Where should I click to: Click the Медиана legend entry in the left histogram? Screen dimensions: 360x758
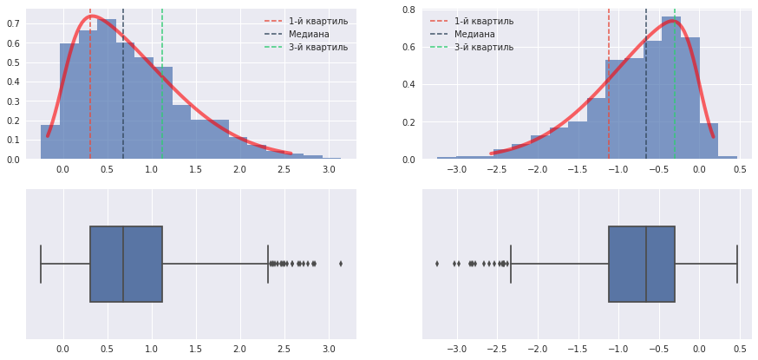tap(305, 34)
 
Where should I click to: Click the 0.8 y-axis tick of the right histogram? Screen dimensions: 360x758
tap(408, 10)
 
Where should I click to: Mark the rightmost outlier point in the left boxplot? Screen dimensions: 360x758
tap(341, 264)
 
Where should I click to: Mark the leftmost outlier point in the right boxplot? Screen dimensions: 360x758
tap(437, 264)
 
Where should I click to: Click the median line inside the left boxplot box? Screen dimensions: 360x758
tap(123, 264)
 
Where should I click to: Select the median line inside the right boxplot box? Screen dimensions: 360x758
tap(646, 264)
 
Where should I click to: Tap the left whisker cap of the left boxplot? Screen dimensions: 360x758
tap(41, 264)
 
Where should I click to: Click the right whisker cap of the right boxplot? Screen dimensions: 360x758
tap(737, 264)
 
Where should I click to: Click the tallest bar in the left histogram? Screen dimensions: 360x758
tap(107, 87)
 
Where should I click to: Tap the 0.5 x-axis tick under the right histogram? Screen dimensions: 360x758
tap(740, 168)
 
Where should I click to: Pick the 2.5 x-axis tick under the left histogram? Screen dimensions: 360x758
tap(284, 168)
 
